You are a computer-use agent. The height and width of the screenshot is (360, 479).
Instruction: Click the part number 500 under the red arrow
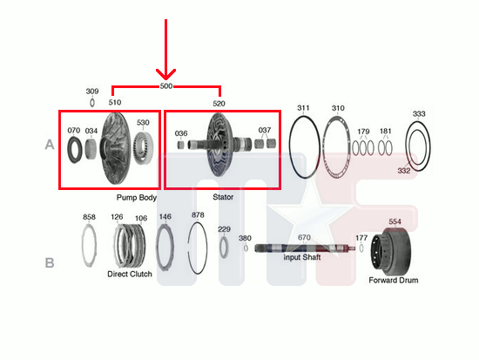(x=166, y=86)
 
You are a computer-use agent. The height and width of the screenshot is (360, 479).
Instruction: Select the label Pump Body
(x=137, y=198)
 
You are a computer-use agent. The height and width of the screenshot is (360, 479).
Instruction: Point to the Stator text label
(x=223, y=197)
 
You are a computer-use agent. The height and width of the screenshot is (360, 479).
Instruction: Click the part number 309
(x=92, y=92)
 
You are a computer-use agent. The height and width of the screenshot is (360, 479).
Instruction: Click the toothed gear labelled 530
(x=143, y=148)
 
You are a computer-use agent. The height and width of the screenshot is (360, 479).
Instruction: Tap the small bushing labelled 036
(x=181, y=145)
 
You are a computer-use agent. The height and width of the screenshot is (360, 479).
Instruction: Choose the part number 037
(x=265, y=130)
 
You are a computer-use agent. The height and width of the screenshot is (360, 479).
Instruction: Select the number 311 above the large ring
(x=303, y=108)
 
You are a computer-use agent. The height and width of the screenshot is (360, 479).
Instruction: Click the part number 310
(x=338, y=108)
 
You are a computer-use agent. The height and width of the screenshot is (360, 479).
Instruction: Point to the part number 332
(x=404, y=170)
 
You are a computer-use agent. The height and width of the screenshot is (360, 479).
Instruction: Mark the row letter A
(x=50, y=145)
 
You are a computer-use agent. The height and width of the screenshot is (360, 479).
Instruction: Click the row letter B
(x=50, y=262)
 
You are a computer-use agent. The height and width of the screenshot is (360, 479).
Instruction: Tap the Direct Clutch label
(x=130, y=274)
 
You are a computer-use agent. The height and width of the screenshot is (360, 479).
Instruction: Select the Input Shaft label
(x=302, y=257)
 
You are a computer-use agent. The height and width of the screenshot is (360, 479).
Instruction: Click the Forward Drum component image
(x=391, y=251)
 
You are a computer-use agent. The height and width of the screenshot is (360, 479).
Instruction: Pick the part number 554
(x=395, y=221)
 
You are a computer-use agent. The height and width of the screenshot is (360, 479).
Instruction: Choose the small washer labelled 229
(x=225, y=247)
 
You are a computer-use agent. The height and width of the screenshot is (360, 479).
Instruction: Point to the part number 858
(x=89, y=217)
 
